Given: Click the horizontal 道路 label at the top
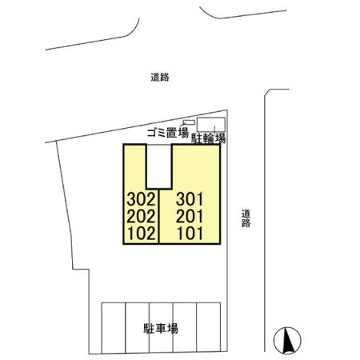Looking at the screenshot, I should (x=160, y=78).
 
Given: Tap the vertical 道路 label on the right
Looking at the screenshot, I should (x=246, y=218).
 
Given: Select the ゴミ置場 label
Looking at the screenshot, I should (x=166, y=134).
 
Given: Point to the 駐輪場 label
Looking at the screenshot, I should (x=207, y=138).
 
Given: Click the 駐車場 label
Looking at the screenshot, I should (x=160, y=328).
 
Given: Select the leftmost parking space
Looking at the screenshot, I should (x=113, y=328).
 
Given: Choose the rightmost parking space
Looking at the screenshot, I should (x=209, y=328).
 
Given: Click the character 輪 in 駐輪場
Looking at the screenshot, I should (x=207, y=138).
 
